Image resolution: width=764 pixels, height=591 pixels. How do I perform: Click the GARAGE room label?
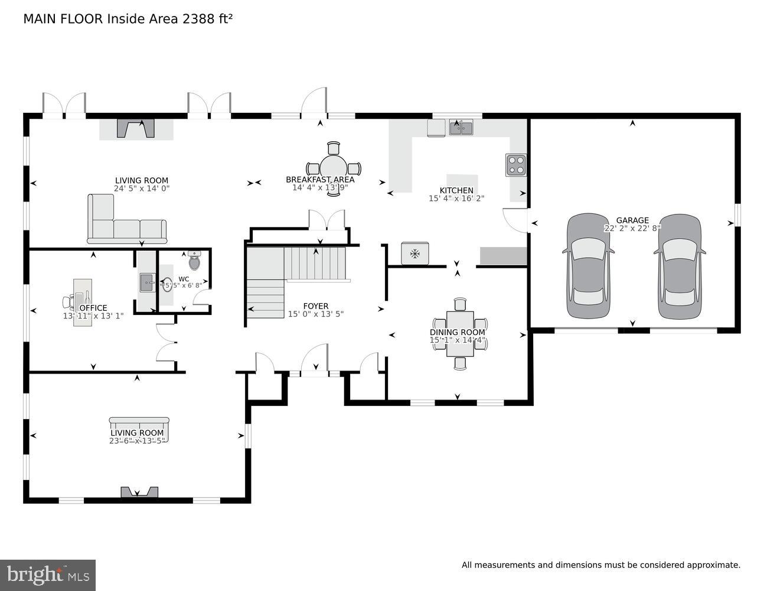click(x=632, y=220)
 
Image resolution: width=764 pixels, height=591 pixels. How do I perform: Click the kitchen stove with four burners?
click(x=515, y=165)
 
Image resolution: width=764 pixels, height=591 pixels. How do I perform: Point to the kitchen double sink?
click(x=461, y=127)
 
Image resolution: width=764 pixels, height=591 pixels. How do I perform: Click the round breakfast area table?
click(x=334, y=168)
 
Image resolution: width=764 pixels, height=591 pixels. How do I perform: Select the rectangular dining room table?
click(x=460, y=335)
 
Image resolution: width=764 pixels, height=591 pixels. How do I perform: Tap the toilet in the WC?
click(x=195, y=260)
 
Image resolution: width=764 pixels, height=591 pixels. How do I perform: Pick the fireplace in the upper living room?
click(x=136, y=128)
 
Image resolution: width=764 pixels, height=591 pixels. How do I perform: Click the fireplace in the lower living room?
click(x=139, y=492)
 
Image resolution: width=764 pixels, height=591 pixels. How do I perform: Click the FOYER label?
click(x=315, y=306)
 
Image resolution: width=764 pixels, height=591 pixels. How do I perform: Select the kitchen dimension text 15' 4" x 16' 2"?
click(x=456, y=199)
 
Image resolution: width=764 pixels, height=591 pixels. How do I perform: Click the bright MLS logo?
click(x=48, y=574)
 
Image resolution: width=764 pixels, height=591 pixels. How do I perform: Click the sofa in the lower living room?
click(x=139, y=430)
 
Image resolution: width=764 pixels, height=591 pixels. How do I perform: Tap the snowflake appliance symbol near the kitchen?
click(x=415, y=254)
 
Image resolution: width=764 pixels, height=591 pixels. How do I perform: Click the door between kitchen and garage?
click(x=515, y=220)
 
